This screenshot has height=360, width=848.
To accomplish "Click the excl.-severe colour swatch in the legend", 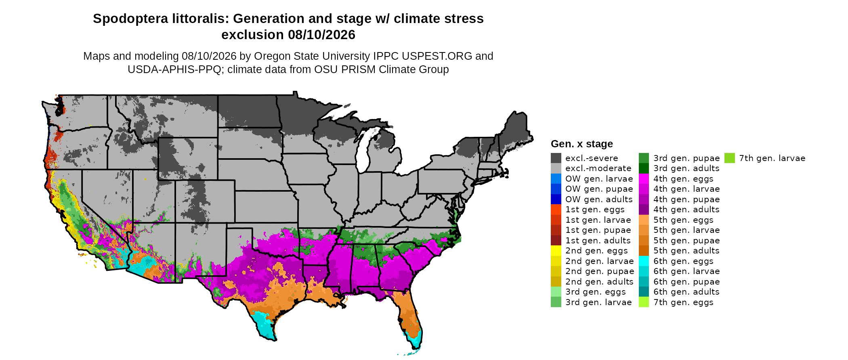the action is click(x=556, y=158).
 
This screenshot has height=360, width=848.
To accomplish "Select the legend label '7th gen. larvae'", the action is click(x=772, y=158).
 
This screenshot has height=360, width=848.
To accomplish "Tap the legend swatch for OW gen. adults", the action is click(x=556, y=199).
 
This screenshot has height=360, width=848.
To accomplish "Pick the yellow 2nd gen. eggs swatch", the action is click(x=556, y=251).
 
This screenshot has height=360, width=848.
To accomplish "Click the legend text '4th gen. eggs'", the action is click(x=683, y=179).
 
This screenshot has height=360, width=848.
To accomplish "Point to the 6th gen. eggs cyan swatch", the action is click(x=644, y=261).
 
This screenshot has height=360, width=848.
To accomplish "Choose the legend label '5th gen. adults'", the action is click(x=686, y=251).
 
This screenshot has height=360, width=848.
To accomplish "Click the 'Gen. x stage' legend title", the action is click(x=582, y=144).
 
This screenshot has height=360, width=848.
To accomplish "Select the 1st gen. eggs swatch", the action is click(x=556, y=209).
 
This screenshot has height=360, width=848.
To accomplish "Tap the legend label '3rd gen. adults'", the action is click(x=686, y=168).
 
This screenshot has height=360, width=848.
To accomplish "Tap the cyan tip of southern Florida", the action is click(x=416, y=341).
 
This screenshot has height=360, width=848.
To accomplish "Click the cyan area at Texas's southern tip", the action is click(x=264, y=325).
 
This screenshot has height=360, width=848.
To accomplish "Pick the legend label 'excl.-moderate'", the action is click(x=598, y=168).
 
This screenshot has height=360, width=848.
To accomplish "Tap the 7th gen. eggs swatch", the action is click(x=644, y=302).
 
